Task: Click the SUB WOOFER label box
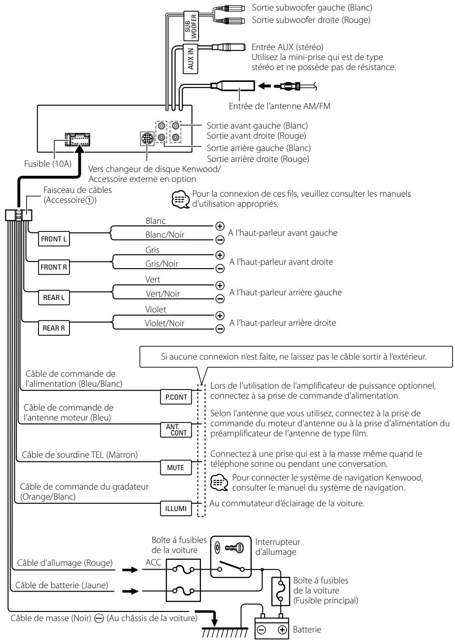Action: point(191,26)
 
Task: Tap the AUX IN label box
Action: point(190,59)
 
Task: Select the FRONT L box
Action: point(54,239)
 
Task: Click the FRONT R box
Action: point(54,267)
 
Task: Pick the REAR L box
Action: point(54,298)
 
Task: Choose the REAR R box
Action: point(54,328)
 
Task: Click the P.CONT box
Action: point(176,397)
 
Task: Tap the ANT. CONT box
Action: point(176,430)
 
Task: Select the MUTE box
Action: point(176,468)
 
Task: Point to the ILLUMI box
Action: point(176,509)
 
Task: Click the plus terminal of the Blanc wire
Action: point(219,226)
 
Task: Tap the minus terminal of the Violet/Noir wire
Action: point(219,329)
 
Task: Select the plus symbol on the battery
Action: point(282,630)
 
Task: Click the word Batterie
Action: point(307,630)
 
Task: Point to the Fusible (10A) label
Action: point(48,164)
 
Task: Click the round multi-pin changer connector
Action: point(147,139)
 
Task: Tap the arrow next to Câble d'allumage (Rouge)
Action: point(130,570)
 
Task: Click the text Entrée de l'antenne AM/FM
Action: point(279,106)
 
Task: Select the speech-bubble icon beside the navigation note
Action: point(219,482)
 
